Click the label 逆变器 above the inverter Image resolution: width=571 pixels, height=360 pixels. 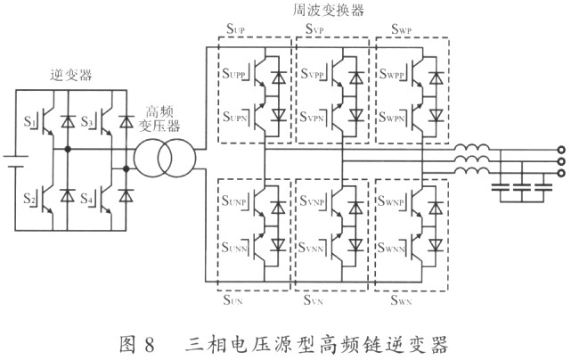click(70, 75)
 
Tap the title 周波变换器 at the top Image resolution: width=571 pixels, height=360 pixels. click(329, 10)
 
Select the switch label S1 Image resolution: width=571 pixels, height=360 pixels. click(29, 121)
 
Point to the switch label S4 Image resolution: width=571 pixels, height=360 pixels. click(86, 199)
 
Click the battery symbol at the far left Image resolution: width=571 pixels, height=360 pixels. click(15, 161)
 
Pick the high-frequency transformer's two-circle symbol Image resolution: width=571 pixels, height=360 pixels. click(165, 158)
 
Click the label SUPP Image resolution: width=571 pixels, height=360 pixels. click(234, 74)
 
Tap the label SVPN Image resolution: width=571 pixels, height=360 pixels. click(312, 118)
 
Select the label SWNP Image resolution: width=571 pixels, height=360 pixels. click(391, 201)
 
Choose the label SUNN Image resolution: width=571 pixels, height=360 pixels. click(234, 248)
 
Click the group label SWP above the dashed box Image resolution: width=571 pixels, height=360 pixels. click(401, 29)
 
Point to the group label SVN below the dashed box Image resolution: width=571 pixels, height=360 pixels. click(314, 300)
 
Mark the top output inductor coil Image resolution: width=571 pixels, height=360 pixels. click(471, 147)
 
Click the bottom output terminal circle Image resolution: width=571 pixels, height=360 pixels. click(561, 173)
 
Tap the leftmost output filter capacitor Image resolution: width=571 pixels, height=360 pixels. click(501, 188)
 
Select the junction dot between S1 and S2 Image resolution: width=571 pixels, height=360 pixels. click(68, 149)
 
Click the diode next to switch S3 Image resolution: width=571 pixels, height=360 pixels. click(126, 121)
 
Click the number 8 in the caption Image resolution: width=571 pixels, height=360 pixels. click(150, 345)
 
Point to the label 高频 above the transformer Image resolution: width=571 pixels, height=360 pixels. click(159, 112)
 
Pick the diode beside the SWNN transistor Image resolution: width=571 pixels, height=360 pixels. click(436, 245)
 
